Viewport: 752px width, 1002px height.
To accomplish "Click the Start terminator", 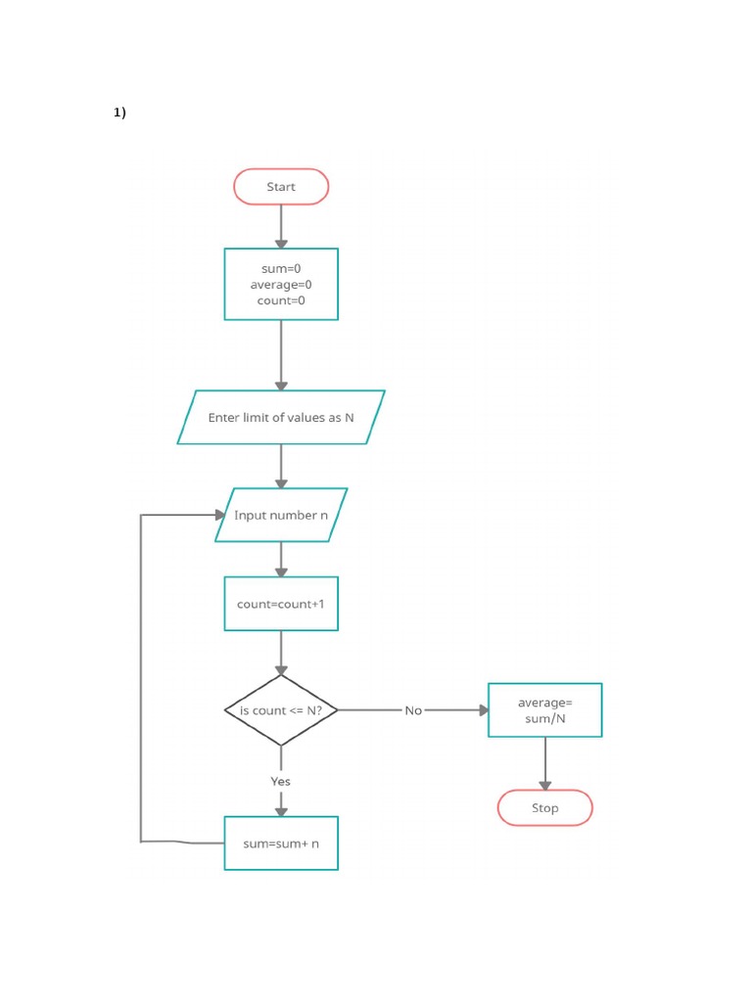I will pos(281,187).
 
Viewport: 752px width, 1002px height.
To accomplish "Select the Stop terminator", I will pos(544,808).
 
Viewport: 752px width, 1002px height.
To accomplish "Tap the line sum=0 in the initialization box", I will pos(281,268).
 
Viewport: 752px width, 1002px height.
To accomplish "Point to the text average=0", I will pos(281,285).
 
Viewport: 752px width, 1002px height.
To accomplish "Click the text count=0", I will pos(281,300).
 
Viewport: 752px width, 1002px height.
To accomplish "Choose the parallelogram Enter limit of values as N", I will pos(281,418).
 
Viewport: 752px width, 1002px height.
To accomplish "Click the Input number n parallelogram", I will pos(281,516).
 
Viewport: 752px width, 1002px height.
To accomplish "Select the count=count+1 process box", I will pos(281,604).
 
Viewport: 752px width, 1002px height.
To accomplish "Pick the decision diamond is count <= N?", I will pos(281,710).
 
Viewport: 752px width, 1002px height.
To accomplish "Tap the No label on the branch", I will pos(413,710).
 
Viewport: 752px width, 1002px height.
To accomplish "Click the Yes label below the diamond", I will pos(281,781).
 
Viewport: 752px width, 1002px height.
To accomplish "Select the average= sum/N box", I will pos(544,710).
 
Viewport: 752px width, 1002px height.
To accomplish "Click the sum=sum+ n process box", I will pos(281,843).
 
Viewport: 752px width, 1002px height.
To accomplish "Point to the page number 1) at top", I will pos(119,113).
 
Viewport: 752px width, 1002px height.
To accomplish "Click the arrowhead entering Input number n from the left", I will pos(220,515).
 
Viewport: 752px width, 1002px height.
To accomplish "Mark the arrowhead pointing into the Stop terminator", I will pos(544,785).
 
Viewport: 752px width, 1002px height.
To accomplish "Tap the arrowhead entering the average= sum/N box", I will pos(483,710).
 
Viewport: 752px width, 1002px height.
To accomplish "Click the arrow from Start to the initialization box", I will pos(281,226).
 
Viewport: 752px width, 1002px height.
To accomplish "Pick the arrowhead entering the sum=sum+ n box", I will pos(281,810).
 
